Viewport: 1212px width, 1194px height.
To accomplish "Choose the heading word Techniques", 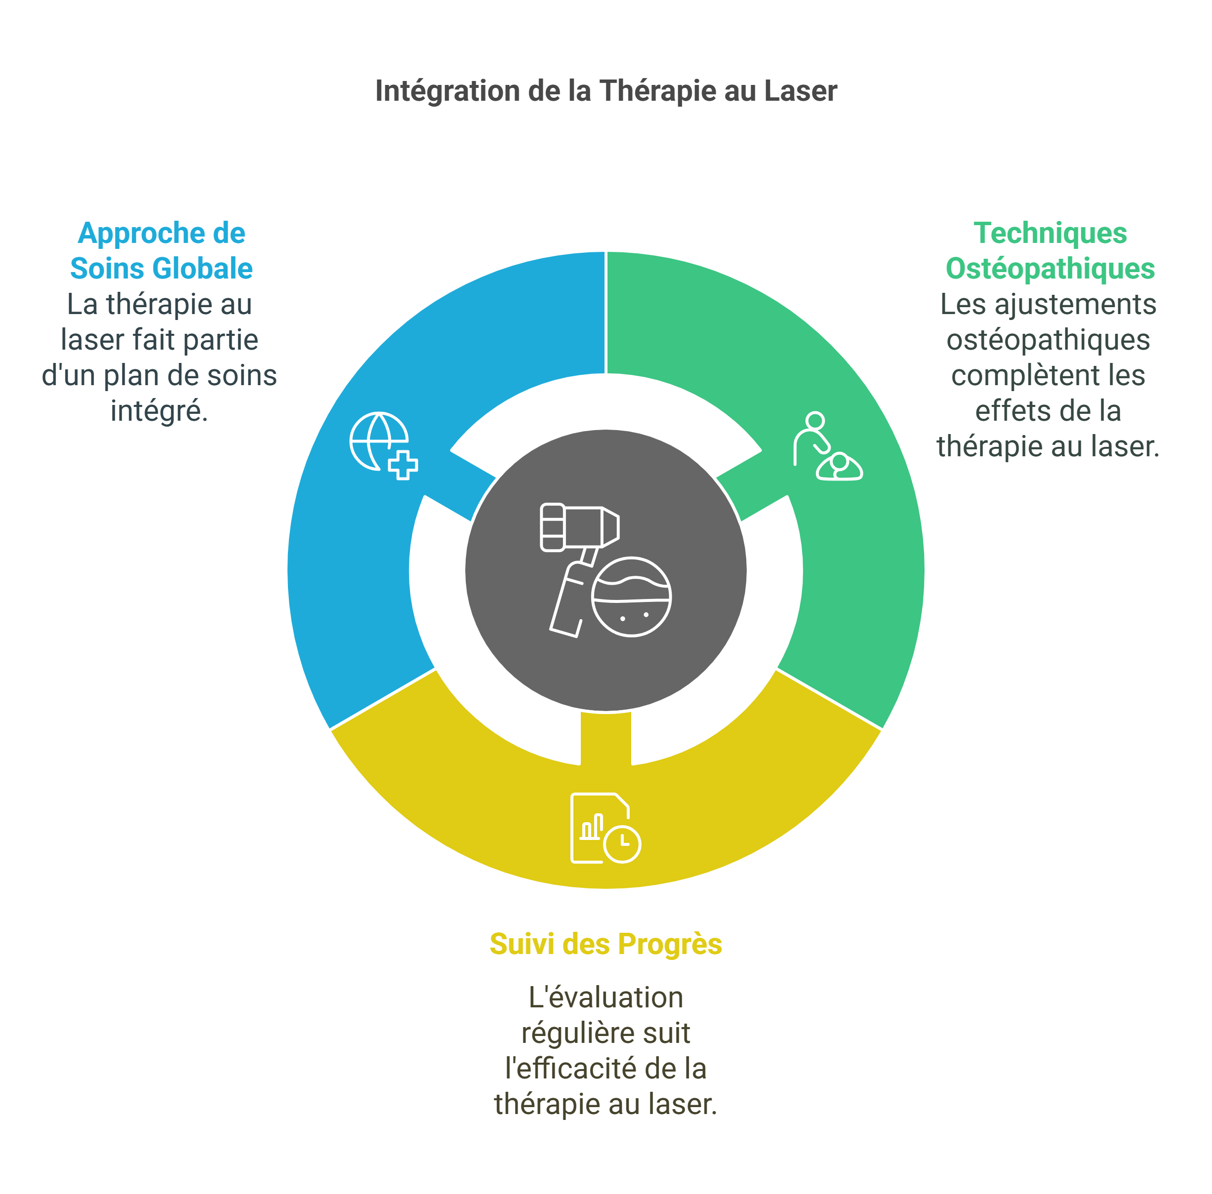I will (1050, 233).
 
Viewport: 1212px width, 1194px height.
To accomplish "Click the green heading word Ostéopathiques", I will (1050, 269).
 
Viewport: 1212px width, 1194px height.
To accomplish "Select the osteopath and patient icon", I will (827, 446).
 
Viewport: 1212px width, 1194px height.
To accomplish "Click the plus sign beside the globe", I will (403, 465).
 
